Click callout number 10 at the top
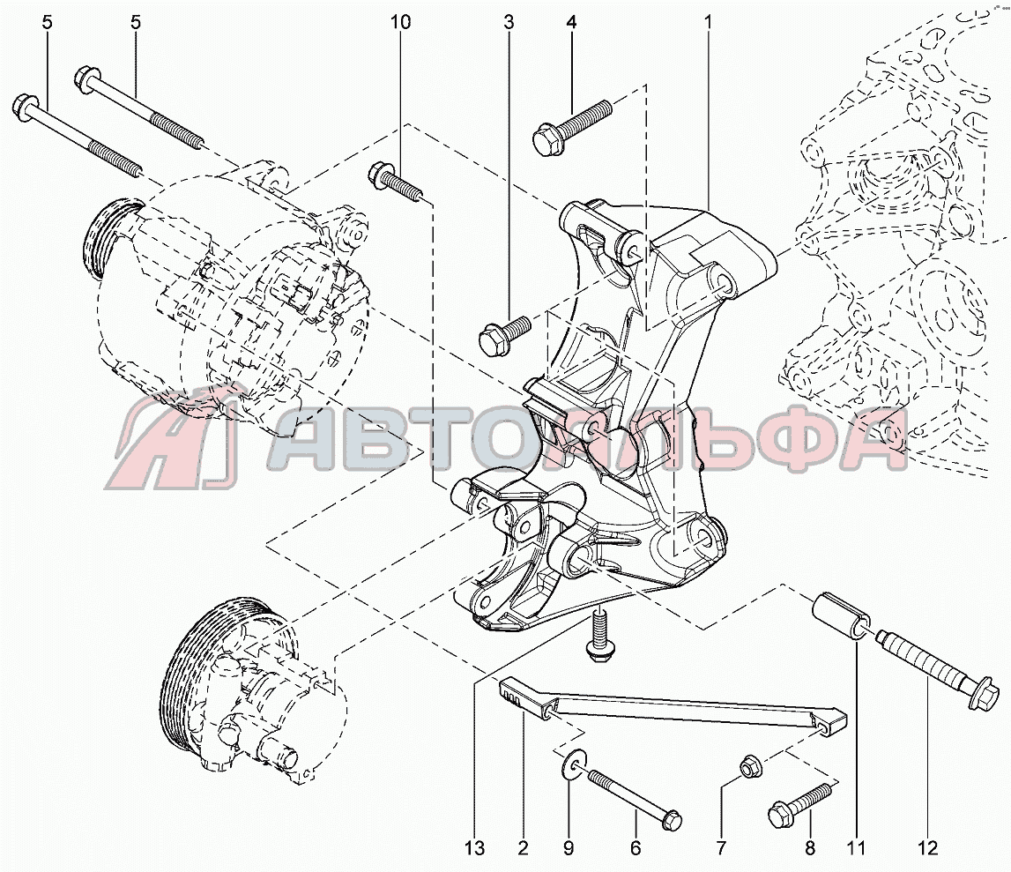pos(400,22)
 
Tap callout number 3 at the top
pos(509,22)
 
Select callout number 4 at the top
pos(570,22)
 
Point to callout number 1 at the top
pos(708,22)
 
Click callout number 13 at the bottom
pos(474,848)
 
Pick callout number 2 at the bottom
pos(523,848)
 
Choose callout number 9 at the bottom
pos(568,848)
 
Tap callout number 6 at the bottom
pos(636,848)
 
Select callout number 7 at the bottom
pos(721,848)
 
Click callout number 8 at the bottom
pos(811,848)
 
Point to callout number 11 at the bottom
pos(856,848)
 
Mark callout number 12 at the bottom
pos(928,848)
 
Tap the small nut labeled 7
pos(748,765)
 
